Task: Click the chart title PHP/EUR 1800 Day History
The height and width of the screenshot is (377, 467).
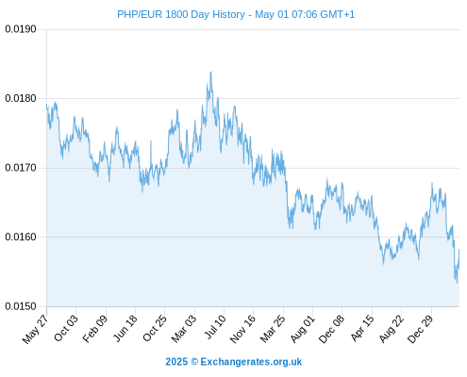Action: pos(181,14)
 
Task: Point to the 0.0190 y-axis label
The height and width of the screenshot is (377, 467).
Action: pos(21,29)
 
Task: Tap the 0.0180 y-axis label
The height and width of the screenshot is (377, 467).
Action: pos(21,98)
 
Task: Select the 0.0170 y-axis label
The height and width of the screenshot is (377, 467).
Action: pos(21,168)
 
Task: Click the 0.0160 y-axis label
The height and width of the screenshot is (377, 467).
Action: pos(21,237)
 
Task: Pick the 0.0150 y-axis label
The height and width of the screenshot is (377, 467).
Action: pos(21,306)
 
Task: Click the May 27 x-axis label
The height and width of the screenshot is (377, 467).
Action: pos(36,329)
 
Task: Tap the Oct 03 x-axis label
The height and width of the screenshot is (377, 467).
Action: pos(66,328)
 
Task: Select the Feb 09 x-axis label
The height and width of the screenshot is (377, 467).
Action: pos(95,329)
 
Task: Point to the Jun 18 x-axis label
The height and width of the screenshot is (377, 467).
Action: pos(125,328)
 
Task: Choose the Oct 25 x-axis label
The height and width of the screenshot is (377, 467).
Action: pos(154,328)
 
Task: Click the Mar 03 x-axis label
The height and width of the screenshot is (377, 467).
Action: pos(184,329)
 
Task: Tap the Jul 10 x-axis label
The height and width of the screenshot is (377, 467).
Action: pos(215,327)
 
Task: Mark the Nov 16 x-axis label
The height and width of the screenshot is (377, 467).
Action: pos(242,329)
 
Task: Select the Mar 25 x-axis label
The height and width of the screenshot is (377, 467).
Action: pos(273,329)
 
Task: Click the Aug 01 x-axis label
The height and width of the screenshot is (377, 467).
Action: pos(302,329)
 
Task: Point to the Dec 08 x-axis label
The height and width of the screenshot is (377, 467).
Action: pos(331,329)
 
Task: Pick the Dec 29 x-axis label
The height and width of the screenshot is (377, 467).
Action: pos(420,329)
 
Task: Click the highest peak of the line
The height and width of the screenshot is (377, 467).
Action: pos(210,72)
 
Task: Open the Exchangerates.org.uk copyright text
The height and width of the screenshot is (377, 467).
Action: pos(234,362)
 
